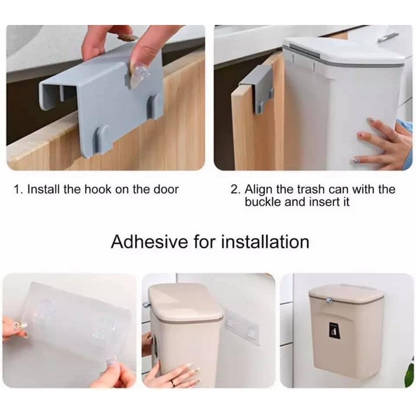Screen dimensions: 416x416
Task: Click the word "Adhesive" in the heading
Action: pos(149,242)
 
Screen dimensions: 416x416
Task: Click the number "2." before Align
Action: pos(236,189)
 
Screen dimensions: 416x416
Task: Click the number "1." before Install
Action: pos(19,189)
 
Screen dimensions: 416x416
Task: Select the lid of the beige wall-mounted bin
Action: pos(346,295)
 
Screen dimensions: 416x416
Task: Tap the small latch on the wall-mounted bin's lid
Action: pos(330,300)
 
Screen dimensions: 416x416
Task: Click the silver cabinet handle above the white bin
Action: pos(388,37)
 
